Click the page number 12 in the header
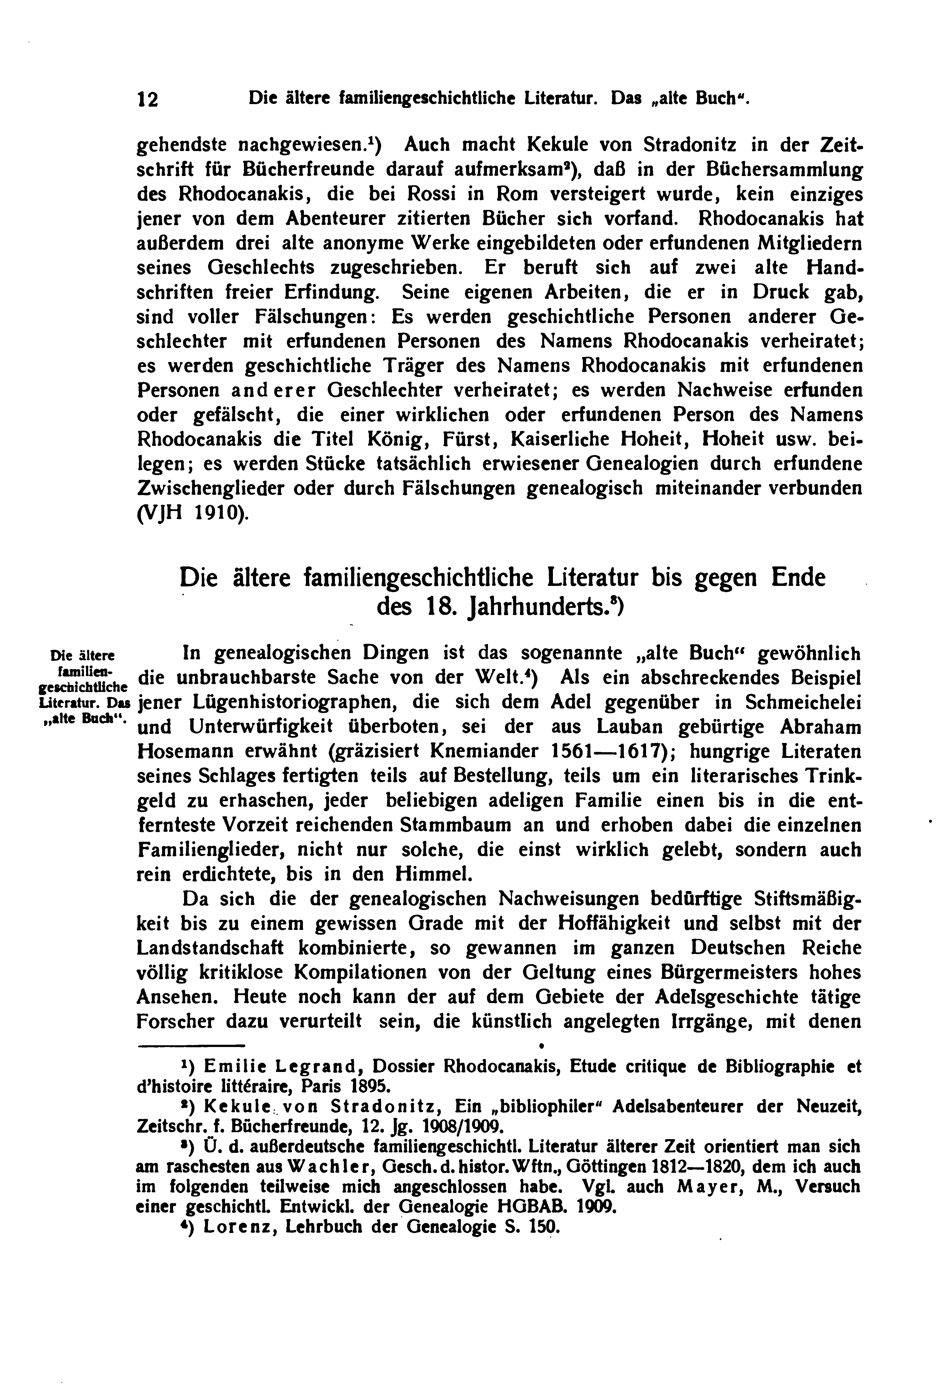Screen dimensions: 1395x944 pos(148,99)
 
